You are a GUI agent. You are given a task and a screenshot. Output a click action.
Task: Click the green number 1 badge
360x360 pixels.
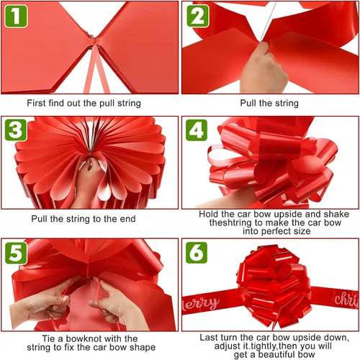(16, 16)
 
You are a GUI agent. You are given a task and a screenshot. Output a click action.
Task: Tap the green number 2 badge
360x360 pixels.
(198, 16)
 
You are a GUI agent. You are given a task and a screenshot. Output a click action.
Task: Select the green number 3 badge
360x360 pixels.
(16, 130)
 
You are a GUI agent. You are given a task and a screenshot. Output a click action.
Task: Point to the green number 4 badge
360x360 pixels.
(197, 130)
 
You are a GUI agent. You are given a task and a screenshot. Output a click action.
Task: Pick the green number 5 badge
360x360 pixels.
(16, 253)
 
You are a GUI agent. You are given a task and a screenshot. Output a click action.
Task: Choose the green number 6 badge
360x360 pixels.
(197, 253)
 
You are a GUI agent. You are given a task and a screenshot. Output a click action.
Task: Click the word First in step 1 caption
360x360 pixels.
(36, 103)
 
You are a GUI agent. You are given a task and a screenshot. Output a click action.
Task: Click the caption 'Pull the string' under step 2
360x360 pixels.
(269, 103)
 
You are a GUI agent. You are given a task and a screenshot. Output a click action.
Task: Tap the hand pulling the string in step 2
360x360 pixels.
(264, 70)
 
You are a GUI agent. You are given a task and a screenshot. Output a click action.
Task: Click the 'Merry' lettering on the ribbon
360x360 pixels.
(201, 304)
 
